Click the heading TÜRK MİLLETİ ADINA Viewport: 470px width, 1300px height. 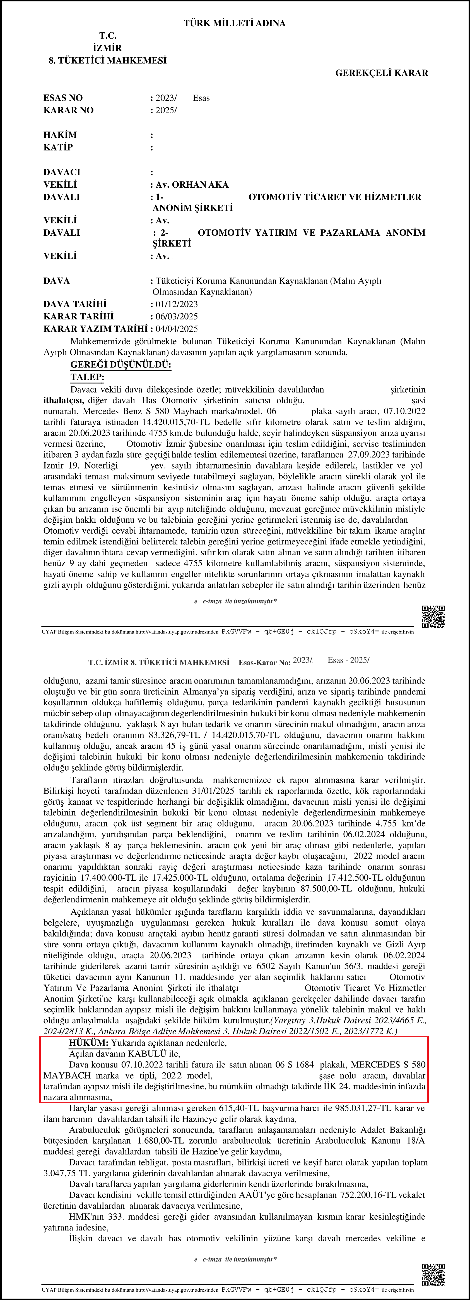pos(235,23)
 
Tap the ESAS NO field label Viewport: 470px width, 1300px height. pos(63,98)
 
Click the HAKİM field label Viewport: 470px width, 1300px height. pos(60,135)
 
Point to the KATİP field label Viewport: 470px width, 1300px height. pos(58,147)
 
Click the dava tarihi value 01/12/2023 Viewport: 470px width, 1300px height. pos(177,304)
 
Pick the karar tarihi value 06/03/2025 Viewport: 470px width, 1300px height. pos(177,316)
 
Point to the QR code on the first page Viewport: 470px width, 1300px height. pos(433,617)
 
